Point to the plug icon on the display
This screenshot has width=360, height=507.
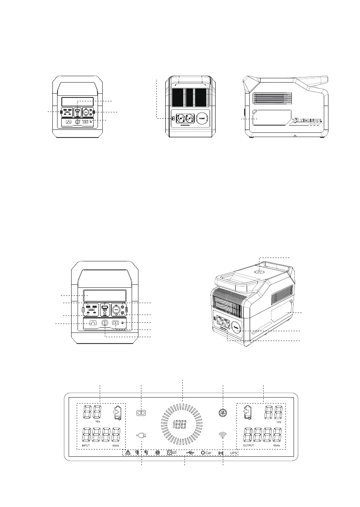pyautogui.click(x=141, y=435)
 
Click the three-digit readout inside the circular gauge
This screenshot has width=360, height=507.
pyautogui.click(x=182, y=424)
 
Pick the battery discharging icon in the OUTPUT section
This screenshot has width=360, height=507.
pyautogui.click(x=248, y=412)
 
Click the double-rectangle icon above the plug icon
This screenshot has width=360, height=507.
pyautogui.click(x=141, y=413)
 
